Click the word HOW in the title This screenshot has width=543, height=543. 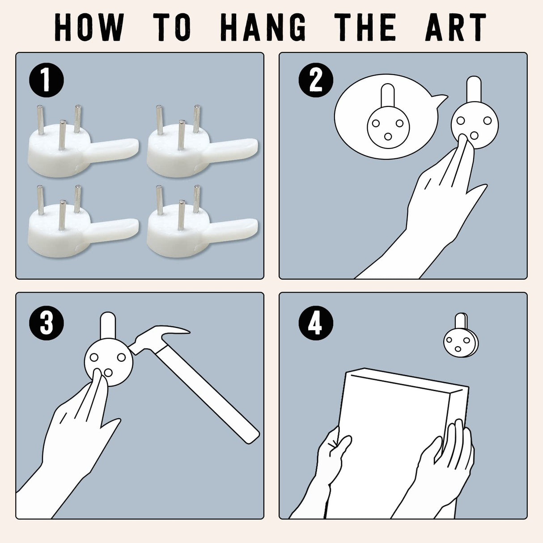coord(89,27)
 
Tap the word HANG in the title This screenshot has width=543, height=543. coord(263,27)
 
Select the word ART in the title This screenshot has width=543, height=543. coord(456,27)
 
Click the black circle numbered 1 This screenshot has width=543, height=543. coord(47,80)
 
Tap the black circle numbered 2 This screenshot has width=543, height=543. coord(316,80)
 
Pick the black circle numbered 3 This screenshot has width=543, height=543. coord(47,323)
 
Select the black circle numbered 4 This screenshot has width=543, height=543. coord(316,323)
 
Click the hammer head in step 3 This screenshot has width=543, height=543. coord(158,340)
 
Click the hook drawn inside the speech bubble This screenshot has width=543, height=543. coord(388,116)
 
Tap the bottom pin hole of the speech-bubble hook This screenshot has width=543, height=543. coord(388,137)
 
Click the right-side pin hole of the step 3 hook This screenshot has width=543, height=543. coord(121,357)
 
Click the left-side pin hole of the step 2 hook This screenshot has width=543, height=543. coord(461,121)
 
